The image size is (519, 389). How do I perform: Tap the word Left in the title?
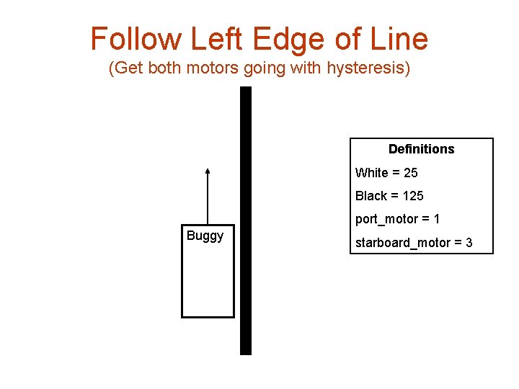pyautogui.click(x=200, y=39)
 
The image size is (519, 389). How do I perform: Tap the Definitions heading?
pyautogui.click(x=421, y=149)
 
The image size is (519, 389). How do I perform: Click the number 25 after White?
pyautogui.click(x=410, y=173)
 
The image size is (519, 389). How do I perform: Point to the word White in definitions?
pyautogui.click(x=371, y=173)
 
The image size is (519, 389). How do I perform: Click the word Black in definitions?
pyautogui.click(x=371, y=196)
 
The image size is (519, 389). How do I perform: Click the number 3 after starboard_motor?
pyautogui.click(x=469, y=243)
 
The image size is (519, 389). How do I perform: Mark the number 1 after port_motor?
pyautogui.click(x=437, y=219)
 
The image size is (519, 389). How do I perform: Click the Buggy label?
pyautogui.click(x=205, y=236)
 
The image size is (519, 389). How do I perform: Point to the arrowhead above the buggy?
pyautogui.click(x=208, y=171)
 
